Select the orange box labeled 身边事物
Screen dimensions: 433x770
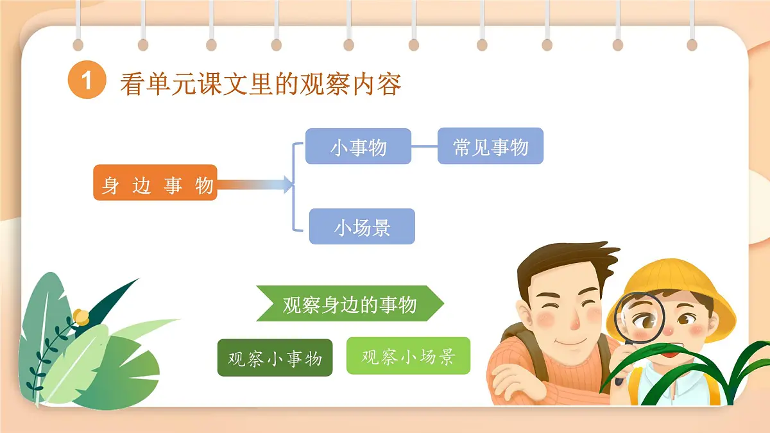pyautogui.click(x=155, y=183)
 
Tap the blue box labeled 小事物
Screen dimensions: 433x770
pyautogui.click(x=358, y=146)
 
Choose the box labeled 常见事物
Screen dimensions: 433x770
pyautogui.click(x=490, y=146)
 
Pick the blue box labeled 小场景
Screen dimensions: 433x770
pyautogui.click(x=362, y=226)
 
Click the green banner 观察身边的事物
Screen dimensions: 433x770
pyautogui.click(x=350, y=303)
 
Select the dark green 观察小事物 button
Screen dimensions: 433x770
pyautogui.click(x=275, y=357)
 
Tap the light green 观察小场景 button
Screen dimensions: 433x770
pyautogui.click(x=408, y=355)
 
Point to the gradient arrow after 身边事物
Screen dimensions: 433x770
pyautogui.click(x=254, y=185)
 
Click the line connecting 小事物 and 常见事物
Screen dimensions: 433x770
pyautogui.click(x=424, y=146)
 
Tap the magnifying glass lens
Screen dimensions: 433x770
pyautogui.click(x=640, y=318)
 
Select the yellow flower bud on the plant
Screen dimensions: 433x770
pyautogui.click(x=81, y=316)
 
